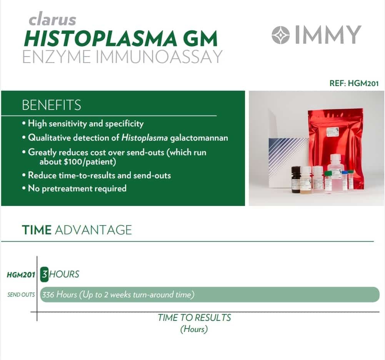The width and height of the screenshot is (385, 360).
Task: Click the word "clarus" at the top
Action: tap(52, 19)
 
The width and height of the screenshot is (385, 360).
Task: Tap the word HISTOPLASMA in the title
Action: tap(100, 38)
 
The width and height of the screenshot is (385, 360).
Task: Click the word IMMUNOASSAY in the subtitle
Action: tap(159, 56)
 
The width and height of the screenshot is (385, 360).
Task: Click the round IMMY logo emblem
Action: tap(281, 35)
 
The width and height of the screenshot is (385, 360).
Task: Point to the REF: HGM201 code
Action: tap(354, 83)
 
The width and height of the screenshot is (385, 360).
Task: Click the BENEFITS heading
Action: tap(51, 105)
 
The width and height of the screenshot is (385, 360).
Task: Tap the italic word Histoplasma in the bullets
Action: tap(145, 138)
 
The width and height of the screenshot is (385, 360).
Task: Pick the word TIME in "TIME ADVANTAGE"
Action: tap(37, 230)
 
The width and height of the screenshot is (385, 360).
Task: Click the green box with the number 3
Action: tap(44, 274)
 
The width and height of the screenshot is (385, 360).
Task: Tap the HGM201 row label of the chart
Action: tap(21, 275)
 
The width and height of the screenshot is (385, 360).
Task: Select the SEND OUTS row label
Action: tap(21, 295)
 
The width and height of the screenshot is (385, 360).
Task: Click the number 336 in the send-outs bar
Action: tap(48, 294)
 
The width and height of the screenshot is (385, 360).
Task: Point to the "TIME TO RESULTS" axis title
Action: tap(194, 318)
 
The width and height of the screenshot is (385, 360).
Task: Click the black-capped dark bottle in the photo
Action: tap(296, 179)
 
